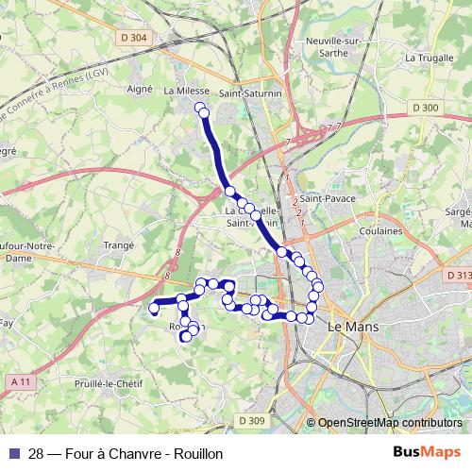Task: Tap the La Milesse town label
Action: click(x=185, y=91)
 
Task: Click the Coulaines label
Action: click(x=382, y=229)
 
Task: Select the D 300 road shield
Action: click(x=426, y=109)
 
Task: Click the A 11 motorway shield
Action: click(x=19, y=380)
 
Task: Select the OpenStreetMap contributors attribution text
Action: click(x=389, y=423)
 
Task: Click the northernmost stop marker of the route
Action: click(x=200, y=109)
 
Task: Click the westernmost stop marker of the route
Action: click(x=154, y=308)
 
